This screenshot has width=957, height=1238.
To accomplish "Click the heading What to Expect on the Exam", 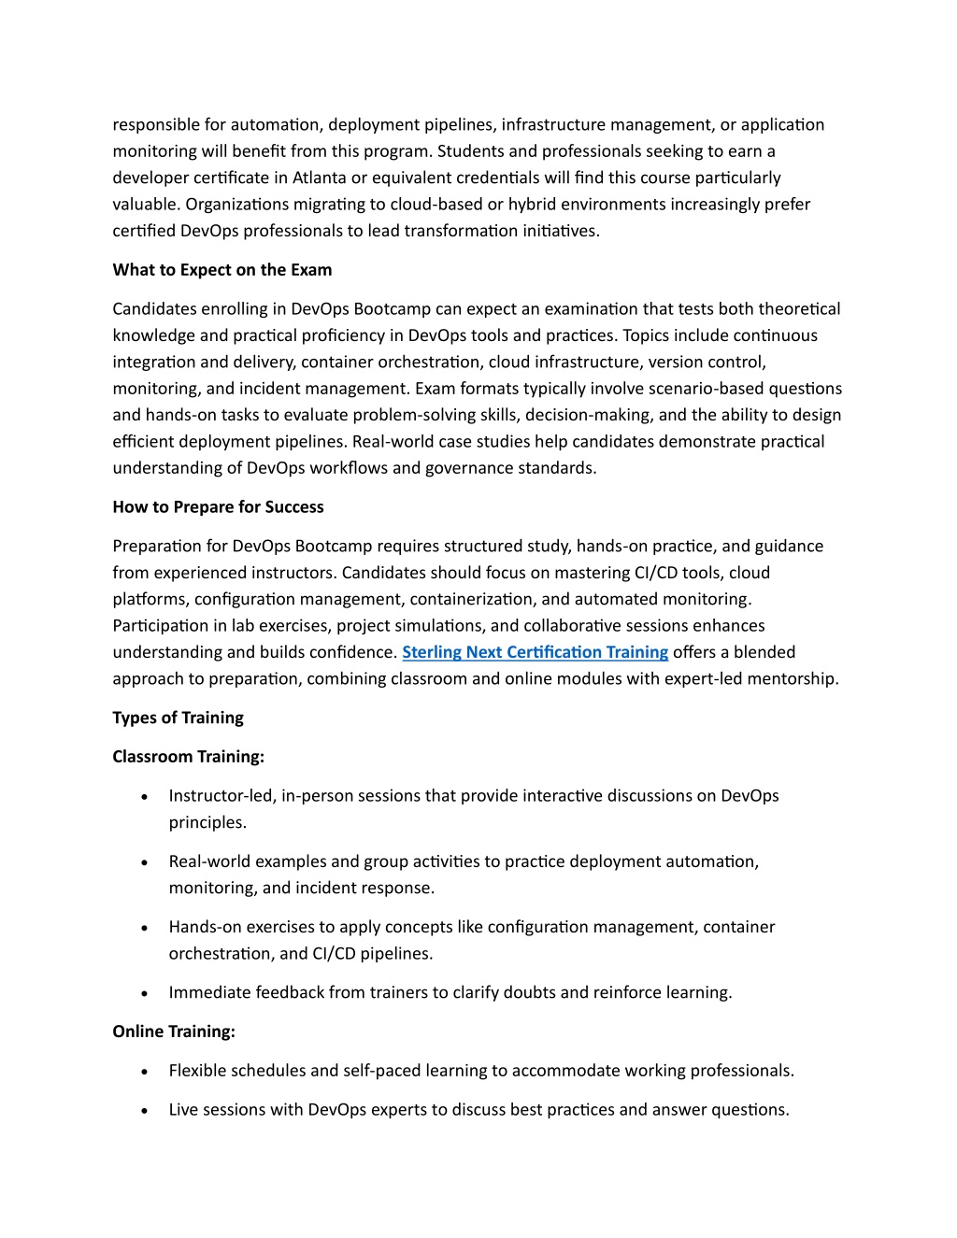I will tap(221, 270).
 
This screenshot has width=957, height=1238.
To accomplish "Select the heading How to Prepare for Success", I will tap(218, 507).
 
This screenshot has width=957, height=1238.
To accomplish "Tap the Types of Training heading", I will tap(178, 718).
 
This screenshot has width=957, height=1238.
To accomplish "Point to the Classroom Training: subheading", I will tap(188, 757).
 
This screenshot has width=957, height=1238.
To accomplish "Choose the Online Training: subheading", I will tap(174, 1032).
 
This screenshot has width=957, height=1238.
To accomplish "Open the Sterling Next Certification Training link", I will tap(535, 652).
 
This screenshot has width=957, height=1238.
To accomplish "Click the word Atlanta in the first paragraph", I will tap(319, 178).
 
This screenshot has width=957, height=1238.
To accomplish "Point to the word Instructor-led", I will tap(221, 796).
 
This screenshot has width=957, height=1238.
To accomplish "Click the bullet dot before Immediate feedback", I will tap(144, 993).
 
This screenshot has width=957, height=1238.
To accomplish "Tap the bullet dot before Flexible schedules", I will tap(144, 1072).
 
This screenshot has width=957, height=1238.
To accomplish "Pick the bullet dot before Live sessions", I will tap(144, 1111).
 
